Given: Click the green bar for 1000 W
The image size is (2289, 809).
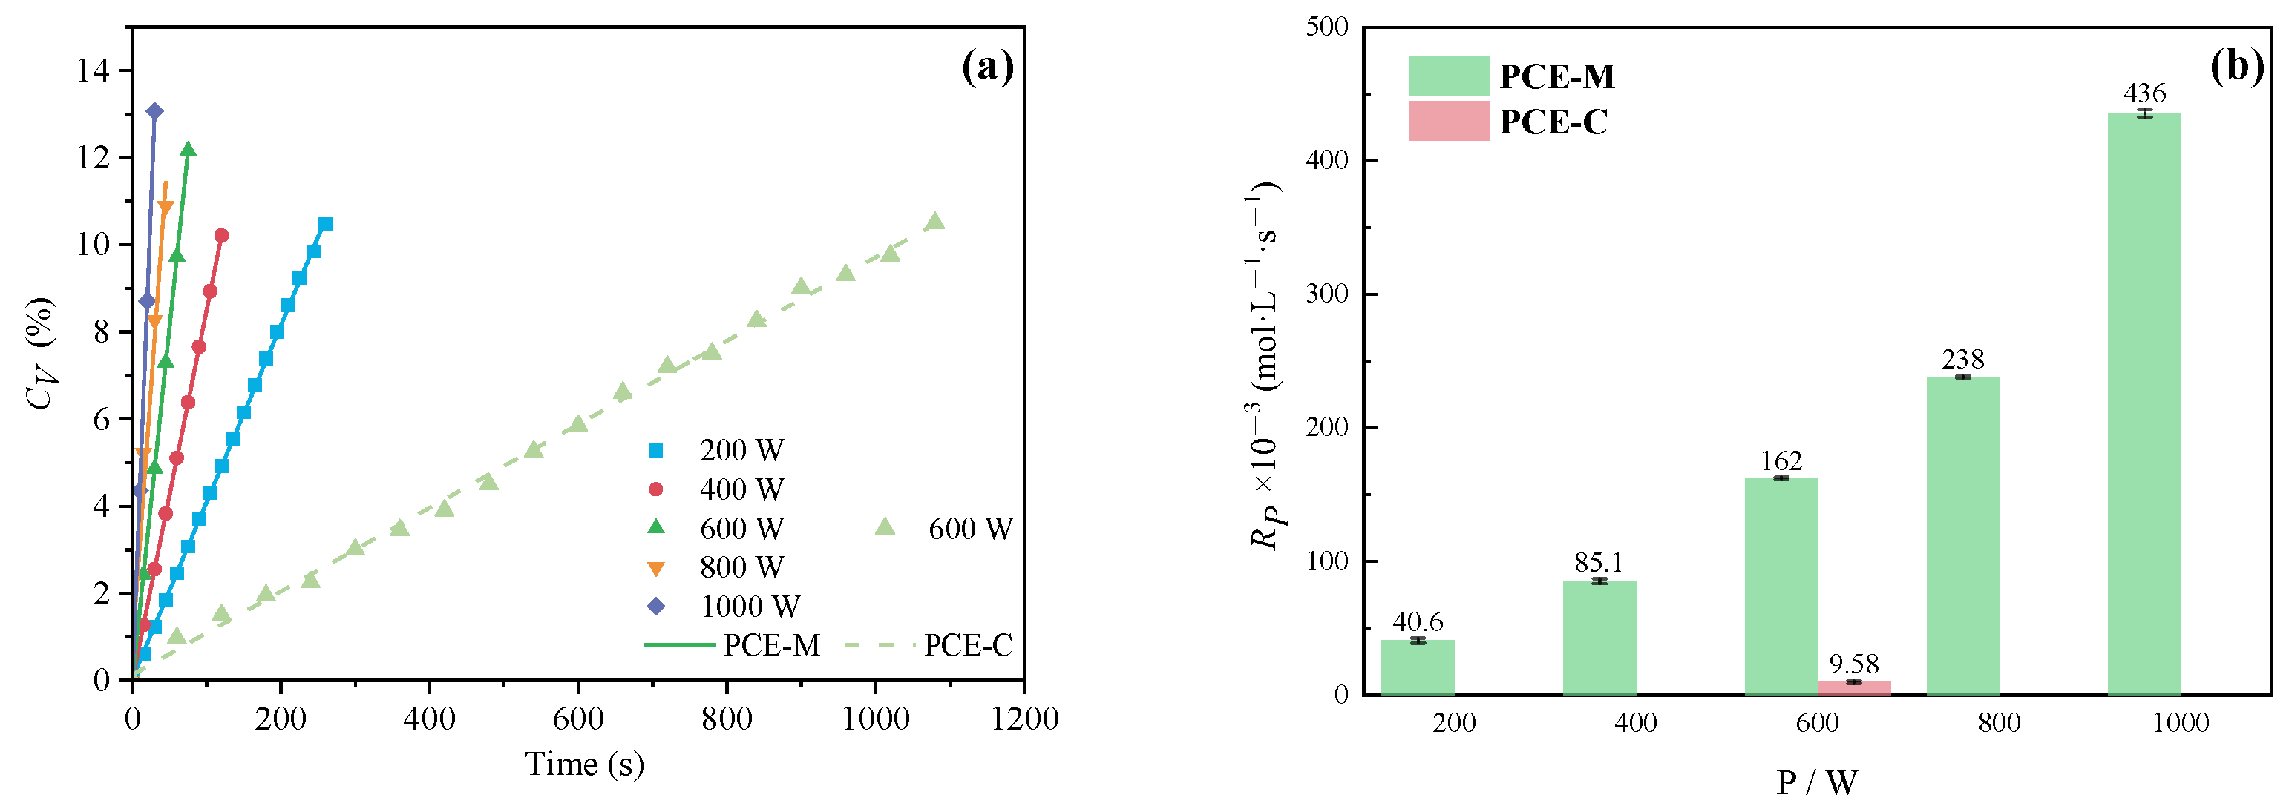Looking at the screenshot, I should [x=2144, y=404].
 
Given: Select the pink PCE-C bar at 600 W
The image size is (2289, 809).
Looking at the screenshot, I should [x=1853, y=687].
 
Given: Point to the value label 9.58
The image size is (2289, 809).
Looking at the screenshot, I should [x=1853, y=664].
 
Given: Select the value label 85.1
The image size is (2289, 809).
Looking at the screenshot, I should [x=1599, y=562].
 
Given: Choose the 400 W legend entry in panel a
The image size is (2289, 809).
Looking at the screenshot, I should [x=720, y=489].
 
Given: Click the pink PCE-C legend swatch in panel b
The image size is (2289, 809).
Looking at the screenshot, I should [x=1448, y=121].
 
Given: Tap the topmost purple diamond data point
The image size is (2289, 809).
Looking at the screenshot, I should [x=154, y=111].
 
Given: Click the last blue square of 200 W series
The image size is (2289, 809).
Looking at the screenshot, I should [x=325, y=225].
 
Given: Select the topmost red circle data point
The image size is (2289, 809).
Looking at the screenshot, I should [x=221, y=235].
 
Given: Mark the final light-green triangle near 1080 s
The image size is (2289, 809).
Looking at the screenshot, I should [x=934, y=221].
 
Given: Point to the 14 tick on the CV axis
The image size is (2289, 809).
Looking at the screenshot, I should [x=94, y=70].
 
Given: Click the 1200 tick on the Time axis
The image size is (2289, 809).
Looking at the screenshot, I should [x=1024, y=719].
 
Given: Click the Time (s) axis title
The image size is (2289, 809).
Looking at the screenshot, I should [x=584, y=764].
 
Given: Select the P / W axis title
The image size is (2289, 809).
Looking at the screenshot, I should [x=1816, y=782].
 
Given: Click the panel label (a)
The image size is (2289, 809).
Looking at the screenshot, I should [x=987, y=67].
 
